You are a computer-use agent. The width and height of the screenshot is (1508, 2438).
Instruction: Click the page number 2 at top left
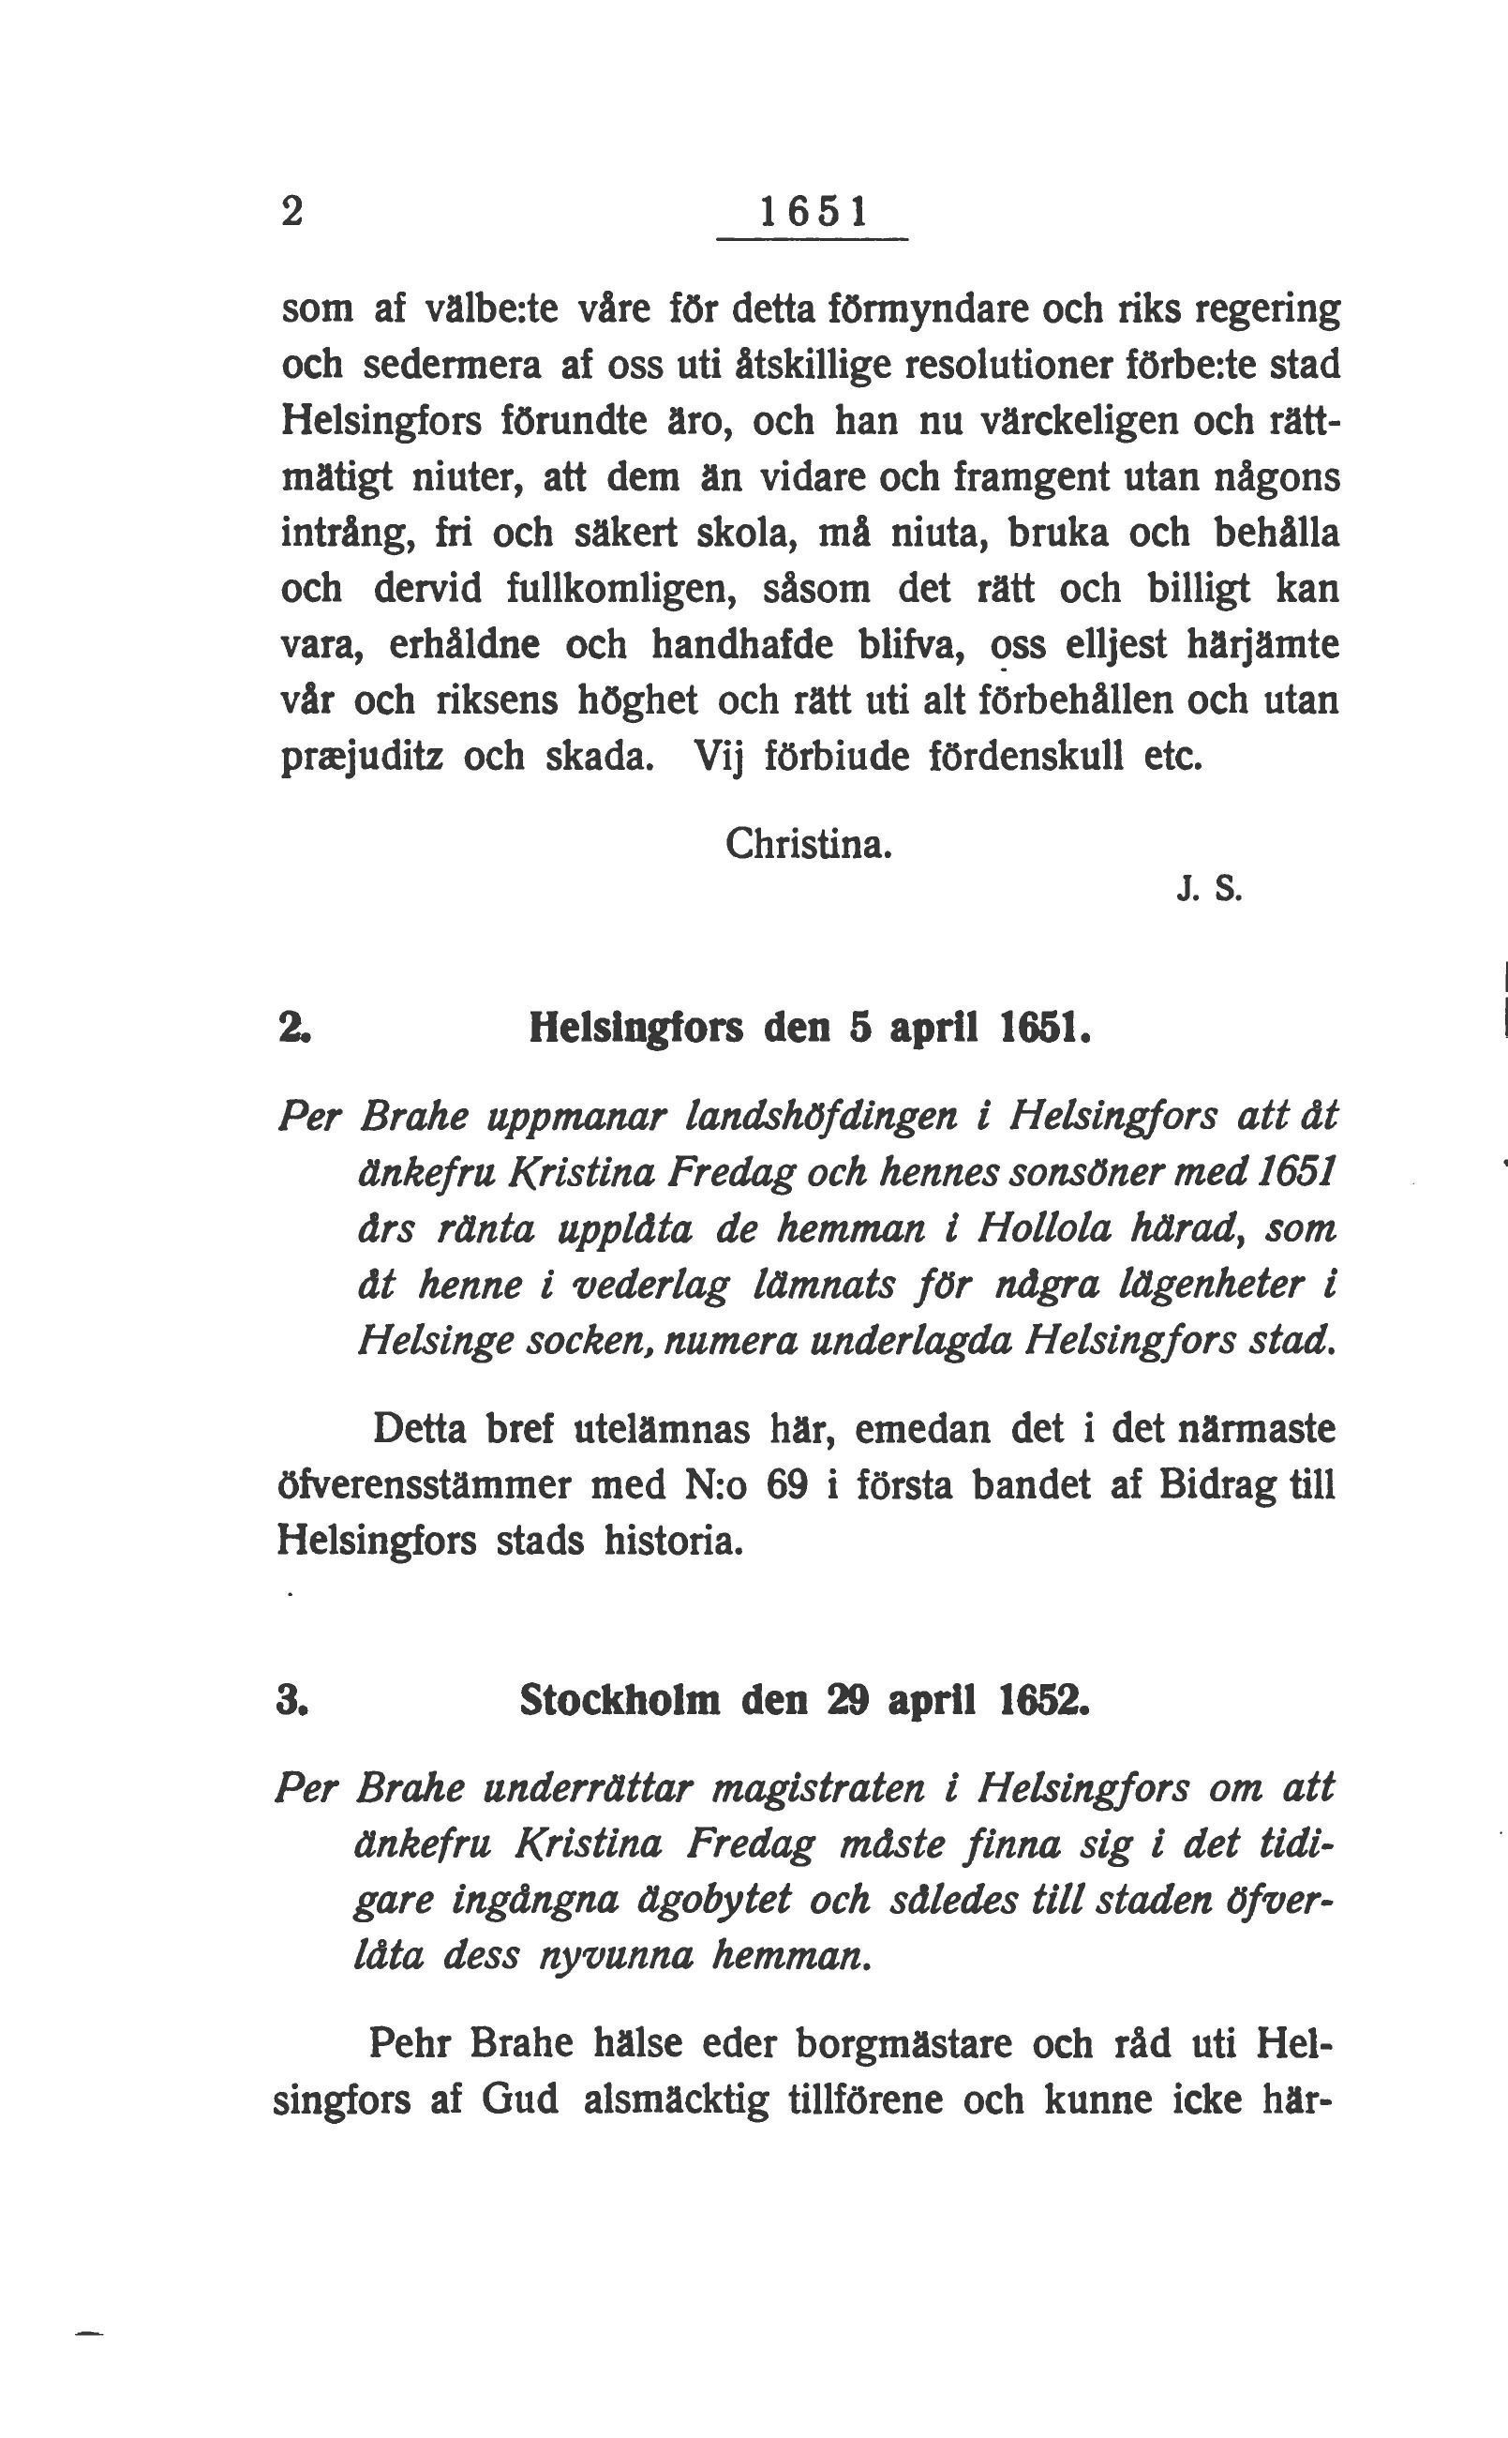[291, 213]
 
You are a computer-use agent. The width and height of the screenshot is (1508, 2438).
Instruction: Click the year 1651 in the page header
[813, 213]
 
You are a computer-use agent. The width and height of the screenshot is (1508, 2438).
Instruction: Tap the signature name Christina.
[808, 845]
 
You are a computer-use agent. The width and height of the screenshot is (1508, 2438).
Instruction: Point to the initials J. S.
[1210, 891]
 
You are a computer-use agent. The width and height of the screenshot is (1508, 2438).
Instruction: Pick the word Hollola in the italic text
[1043, 1228]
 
